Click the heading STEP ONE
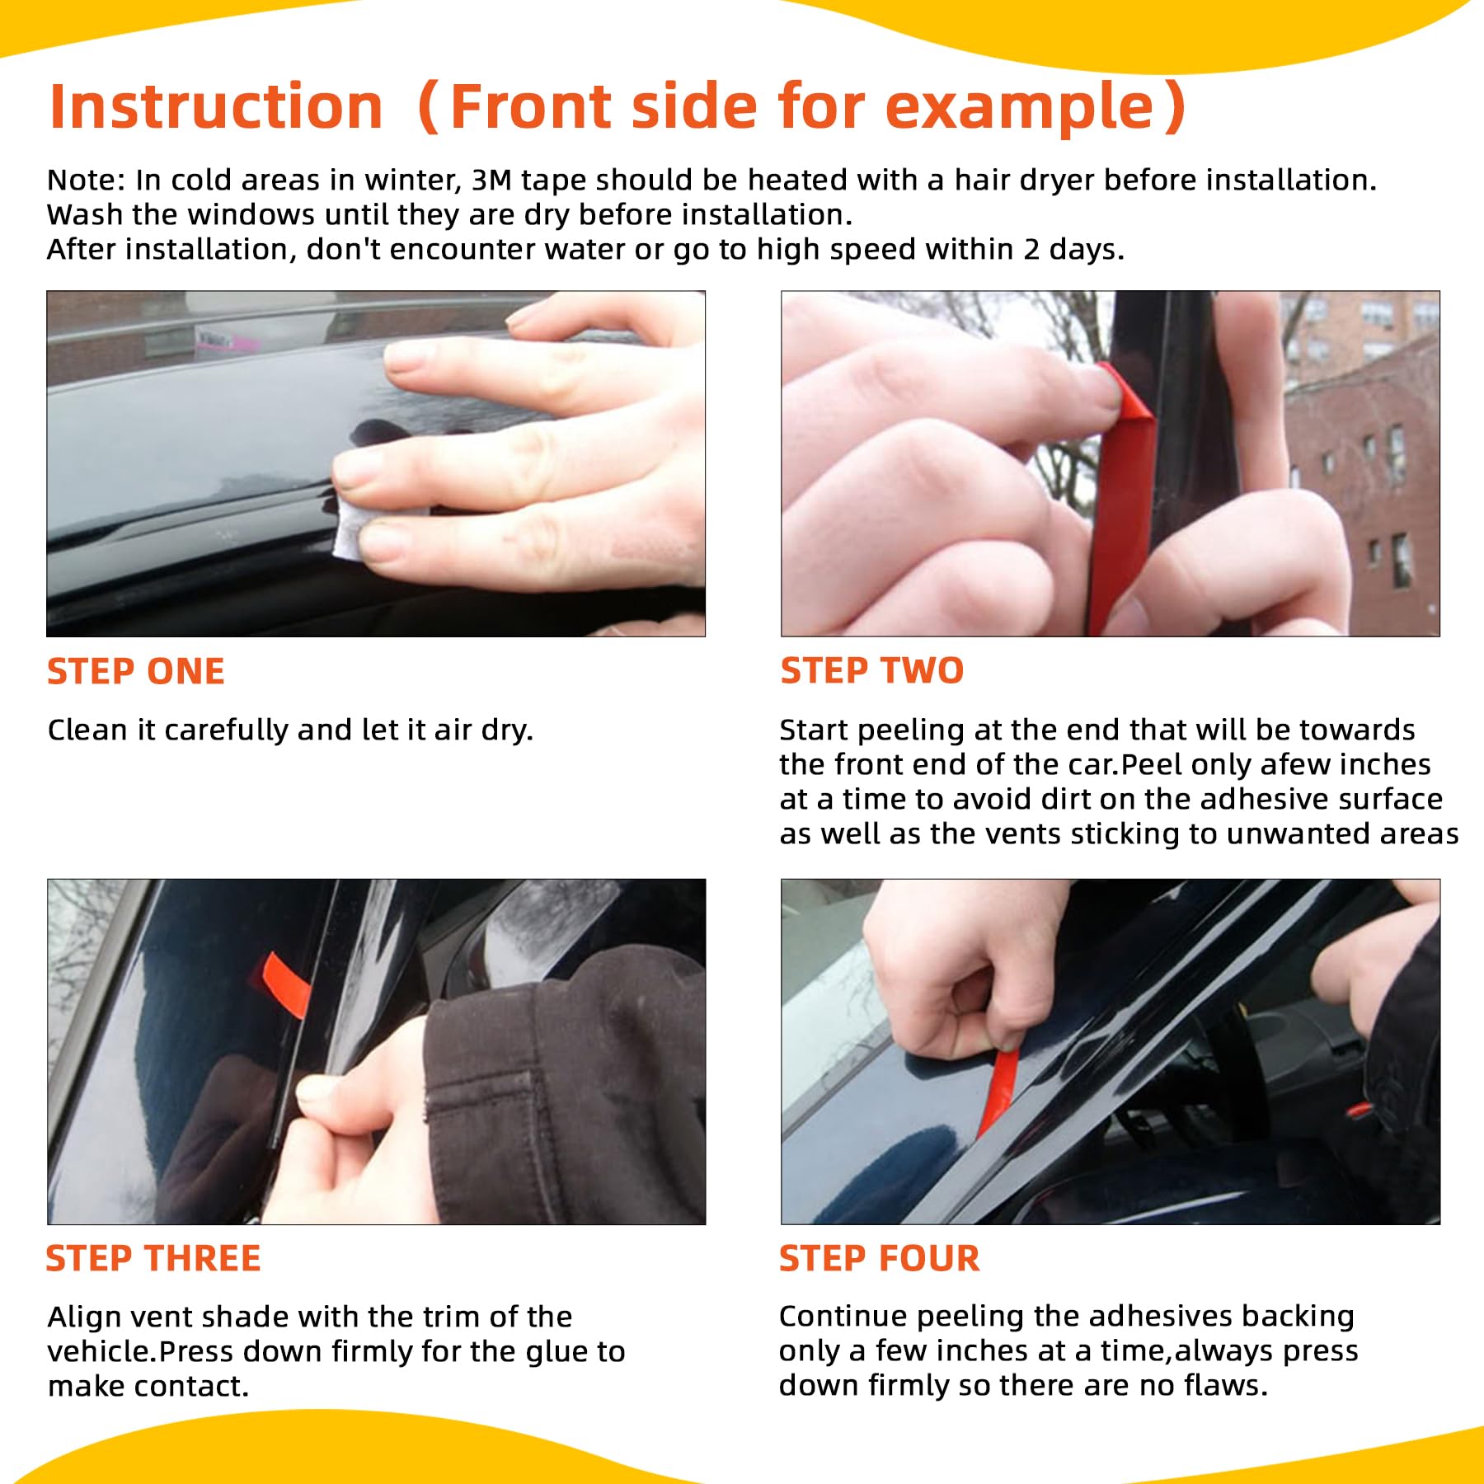pyautogui.click(x=136, y=671)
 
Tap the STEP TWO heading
pyautogui.click(x=872, y=670)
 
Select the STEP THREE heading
pyautogui.click(x=153, y=1258)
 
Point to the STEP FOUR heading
pyautogui.click(x=880, y=1258)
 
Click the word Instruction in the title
pyautogui.click(x=216, y=107)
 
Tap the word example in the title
pyautogui.click(x=1020, y=107)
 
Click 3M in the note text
pyautogui.click(x=492, y=180)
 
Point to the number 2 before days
pyautogui.click(x=1031, y=249)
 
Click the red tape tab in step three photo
pyautogui.click(x=284, y=983)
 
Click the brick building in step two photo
pyautogui.click(x=1360, y=462)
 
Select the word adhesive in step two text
pyautogui.click(x=1264, y=799)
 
